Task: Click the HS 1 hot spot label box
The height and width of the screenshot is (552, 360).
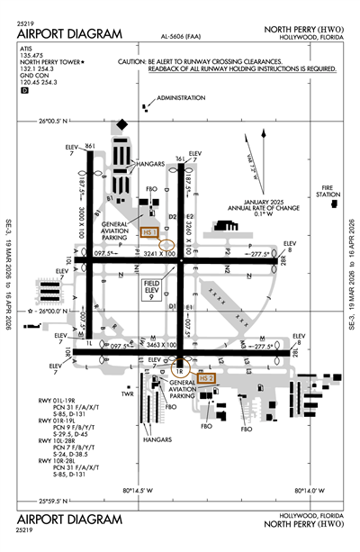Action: (x=150, y=231)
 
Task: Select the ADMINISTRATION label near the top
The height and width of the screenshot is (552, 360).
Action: (x=181, y=96)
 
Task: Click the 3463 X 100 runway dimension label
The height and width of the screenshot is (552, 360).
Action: (x=150, y=346)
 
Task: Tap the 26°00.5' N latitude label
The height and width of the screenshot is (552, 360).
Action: (x=55, y=121)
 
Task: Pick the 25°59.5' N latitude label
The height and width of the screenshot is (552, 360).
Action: (x=55, y=502)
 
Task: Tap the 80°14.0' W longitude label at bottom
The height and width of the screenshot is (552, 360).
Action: (x=310, y=491)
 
